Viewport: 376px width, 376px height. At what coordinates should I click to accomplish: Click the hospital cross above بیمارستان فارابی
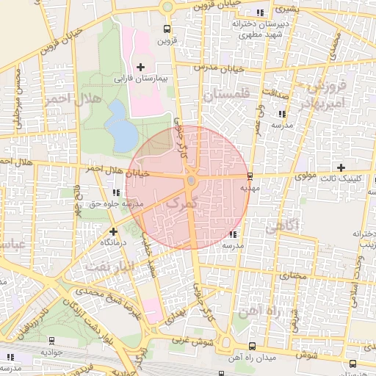click(x=141, y=68)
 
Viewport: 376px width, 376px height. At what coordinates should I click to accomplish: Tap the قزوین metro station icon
click(x=168, y=29)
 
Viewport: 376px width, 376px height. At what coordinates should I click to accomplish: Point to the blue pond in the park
click(x=120, y=125)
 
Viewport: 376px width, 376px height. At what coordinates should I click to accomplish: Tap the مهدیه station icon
click(x=251, y=176)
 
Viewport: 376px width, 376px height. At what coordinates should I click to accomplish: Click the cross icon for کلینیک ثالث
click(x=341, y=167)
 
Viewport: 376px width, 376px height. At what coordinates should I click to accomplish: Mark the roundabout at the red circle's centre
click(x=191, y=180)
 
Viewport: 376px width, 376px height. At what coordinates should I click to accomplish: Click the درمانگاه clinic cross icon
click(x=113, y=231)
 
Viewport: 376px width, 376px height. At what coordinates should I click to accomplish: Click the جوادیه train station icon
click(x=51, y=341)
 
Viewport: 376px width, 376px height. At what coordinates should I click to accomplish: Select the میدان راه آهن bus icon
click(x=252, y=346)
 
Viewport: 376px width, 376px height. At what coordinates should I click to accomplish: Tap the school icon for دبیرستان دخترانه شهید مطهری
click(x=261, y=13)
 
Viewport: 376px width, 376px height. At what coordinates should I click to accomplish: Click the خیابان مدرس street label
click(x=213, y=67)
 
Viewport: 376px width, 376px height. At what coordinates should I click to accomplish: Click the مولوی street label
click(x=304, y=176)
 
